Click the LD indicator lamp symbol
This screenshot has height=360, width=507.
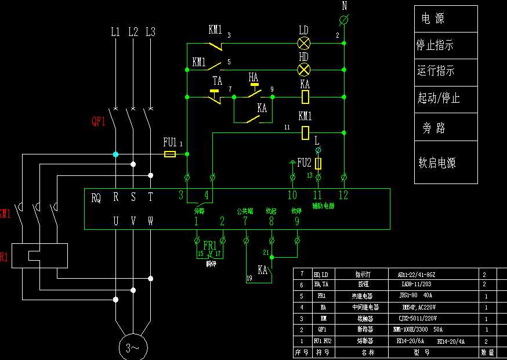pos(303,43)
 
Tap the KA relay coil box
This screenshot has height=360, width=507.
pos(305,96)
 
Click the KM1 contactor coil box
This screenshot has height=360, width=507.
pos(305,132)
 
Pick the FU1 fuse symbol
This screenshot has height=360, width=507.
pos(170,154)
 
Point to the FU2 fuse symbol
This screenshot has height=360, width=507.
pos(318,163)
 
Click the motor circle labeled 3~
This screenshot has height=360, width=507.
pos(133,347)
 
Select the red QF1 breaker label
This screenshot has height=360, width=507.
pos(99,121)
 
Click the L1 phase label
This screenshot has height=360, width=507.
pos(115,31)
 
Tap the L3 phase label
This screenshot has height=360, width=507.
pos(150,31)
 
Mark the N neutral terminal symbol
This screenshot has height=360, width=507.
pos(344,20)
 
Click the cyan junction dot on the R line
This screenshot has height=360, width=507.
pos(115,154)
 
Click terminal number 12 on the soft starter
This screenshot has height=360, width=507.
pos(343,195)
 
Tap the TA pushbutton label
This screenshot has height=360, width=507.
pos(218,81)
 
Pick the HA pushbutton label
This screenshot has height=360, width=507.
pos(253,77)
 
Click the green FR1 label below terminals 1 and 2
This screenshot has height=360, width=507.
pos(209,245)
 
